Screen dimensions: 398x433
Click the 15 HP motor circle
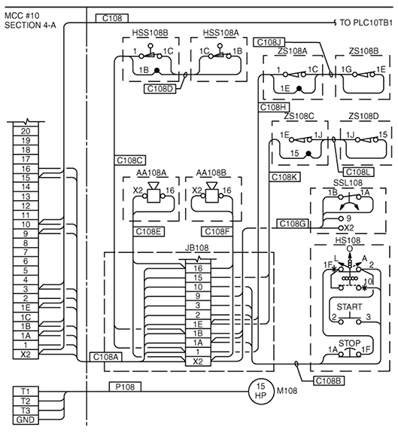(x=260, y=391)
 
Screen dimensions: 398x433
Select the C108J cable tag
(x=269, y=42)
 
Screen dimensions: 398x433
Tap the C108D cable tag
(x=160, y=89)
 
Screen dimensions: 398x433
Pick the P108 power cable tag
(x=125, y=386)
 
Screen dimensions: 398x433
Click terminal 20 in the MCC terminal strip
(x=26, y=131)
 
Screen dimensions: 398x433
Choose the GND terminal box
(x=26, y=419)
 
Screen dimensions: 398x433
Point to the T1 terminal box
(x=26, y=392)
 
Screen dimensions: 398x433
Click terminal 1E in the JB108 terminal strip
(x=198, y=324)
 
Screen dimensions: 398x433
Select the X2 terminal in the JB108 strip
(x=198, y=361)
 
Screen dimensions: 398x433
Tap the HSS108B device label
(x=150, y=32)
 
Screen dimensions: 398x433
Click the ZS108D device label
(x=363, y=116)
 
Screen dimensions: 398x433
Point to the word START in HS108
(x=349, y=306)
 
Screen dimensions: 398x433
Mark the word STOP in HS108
(x=349, y=343)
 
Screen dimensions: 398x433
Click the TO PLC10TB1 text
(x=366, y=23)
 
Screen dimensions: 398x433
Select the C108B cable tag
(x=329, y=381)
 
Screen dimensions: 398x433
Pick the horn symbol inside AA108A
(x=153, y=193)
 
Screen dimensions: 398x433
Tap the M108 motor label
(x=287, y=391)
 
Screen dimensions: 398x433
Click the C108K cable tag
(x=284, y=177)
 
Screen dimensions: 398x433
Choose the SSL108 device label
(x=348, y=183)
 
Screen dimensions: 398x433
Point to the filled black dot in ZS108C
(x=308, y=154)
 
